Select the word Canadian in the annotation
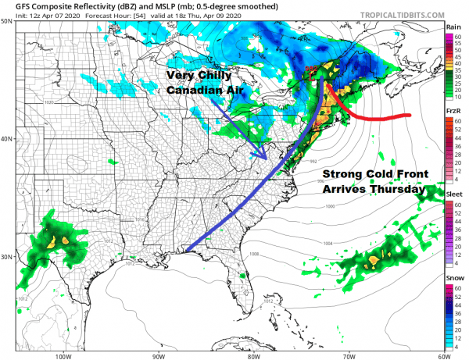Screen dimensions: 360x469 tap(204, 91)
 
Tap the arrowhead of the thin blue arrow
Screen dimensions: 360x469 tap(267, 158)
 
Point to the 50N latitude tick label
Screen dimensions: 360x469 tap(7, 22)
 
